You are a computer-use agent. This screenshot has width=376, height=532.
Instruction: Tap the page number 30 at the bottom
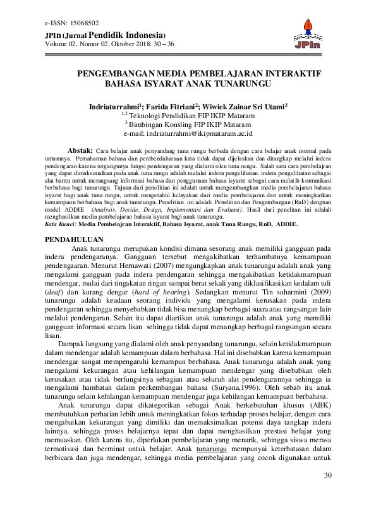[x=327, y=511]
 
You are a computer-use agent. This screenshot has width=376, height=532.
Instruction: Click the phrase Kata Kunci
[x=61, y=223]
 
